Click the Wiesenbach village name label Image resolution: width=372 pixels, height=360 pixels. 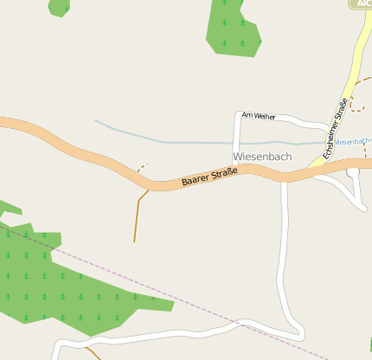(262, 157)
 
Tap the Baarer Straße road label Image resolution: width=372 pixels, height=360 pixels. (209, 179)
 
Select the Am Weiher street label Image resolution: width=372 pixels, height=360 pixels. (258, 115)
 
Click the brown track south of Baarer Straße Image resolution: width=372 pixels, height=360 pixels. (136, 216)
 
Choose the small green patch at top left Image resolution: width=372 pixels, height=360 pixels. (59, 7)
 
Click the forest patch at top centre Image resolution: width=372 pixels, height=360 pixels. (232, 26)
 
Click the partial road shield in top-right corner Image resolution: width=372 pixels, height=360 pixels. (361, 3)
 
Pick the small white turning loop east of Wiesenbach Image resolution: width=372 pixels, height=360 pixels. (353, 173)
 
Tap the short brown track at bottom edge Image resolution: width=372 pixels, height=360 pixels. (94, 354)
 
